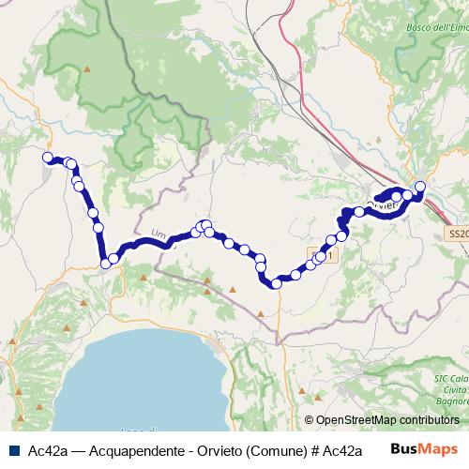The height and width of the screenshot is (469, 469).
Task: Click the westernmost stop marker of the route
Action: click(47, 158)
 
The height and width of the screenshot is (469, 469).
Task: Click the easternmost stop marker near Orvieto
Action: click(420, 186)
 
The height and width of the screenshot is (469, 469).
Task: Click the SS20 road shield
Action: click(458, 234)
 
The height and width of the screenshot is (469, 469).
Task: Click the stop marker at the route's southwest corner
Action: click(106, 264)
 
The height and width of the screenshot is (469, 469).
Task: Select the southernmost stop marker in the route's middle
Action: click(276, 282)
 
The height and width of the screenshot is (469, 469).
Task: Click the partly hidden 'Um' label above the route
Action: click(158, 234)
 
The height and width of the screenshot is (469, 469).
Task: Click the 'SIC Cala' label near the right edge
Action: click(450, 379)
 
